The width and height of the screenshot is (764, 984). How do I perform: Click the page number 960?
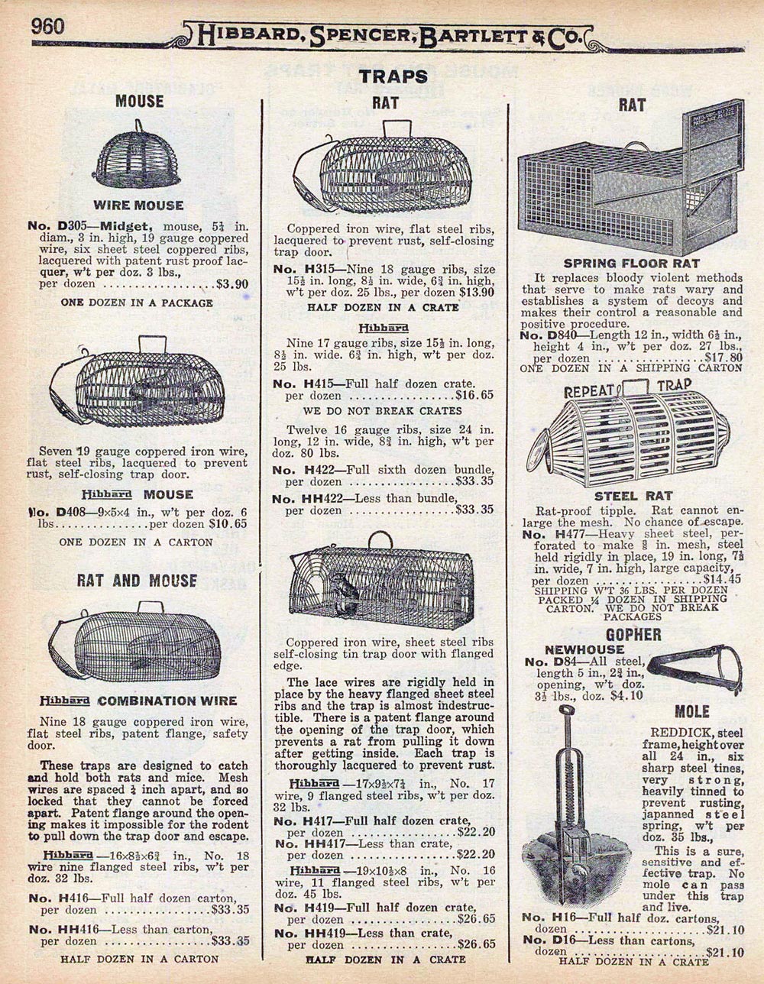47,24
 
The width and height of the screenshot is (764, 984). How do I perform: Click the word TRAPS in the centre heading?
394,76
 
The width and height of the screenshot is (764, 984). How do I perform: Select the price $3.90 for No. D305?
232,284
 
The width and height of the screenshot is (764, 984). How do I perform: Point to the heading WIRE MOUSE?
138,205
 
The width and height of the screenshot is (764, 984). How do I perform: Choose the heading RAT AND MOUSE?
137,581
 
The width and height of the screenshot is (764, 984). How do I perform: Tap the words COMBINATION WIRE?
167,701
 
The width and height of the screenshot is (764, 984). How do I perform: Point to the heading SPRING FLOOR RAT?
631,264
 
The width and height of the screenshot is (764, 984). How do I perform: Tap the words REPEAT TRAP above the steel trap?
626,389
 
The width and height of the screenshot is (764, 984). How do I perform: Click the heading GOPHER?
633,635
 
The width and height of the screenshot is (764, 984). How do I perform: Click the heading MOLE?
692,712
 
